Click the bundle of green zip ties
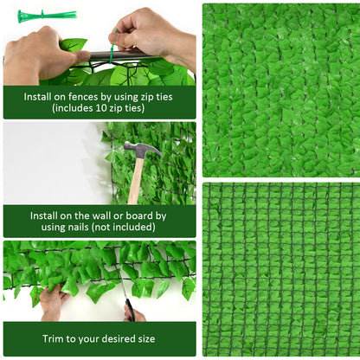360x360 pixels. pos(45,16)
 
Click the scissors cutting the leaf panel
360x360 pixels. pos(129,308)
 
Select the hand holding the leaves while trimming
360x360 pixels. pos(53,302)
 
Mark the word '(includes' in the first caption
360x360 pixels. pos(73,109)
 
